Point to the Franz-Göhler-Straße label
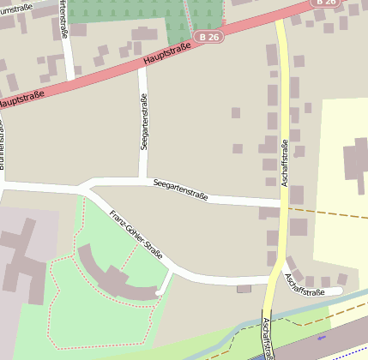(x=136, y=233)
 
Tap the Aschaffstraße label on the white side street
(x=305, y=285)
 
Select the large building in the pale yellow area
(x=355, y=164)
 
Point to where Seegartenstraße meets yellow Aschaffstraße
(x=281, y=203)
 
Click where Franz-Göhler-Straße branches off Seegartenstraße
(x=88, y=190)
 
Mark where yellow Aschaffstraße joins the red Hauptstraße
(x=280, y=21)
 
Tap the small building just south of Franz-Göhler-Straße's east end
(x=244, y=289)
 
